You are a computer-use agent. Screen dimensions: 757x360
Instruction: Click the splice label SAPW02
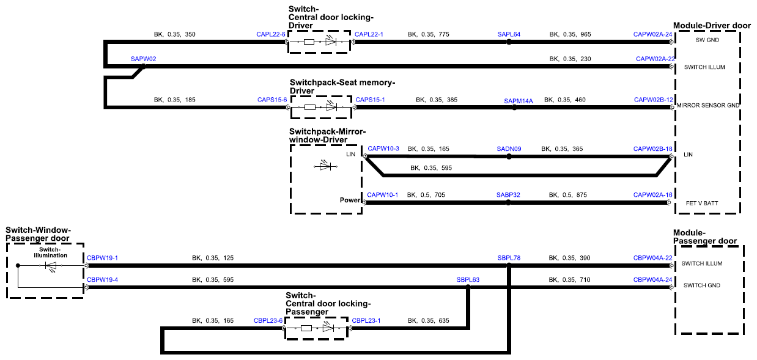click(x=143, y=59)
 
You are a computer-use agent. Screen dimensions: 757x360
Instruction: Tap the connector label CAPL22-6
click(x=271, y=34)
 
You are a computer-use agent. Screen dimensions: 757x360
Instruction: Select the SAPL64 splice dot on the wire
click(x=509, y=42)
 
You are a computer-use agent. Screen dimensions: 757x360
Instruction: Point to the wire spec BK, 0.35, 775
click(x=428, y=34)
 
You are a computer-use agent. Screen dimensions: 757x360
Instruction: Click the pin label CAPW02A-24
click(x=652, y=34)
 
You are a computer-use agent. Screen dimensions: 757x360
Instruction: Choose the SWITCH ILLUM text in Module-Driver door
click(x=704, y=67)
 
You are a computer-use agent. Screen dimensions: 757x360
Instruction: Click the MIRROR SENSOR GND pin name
click(x=707, y=105)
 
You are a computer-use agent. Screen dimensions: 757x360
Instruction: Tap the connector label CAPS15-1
click(x=370, y=100)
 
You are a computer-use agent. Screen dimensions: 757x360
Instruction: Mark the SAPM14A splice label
click(x=518, y=101)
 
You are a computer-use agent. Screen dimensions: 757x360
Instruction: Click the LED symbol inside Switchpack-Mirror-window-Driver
click(x=326, y=166)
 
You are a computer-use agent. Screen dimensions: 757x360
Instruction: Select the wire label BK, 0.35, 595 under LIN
click(x=431, y=168)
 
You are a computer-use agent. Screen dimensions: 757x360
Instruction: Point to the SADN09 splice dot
click(x=509, y=156)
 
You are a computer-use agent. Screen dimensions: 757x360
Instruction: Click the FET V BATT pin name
click(x=701, y=203)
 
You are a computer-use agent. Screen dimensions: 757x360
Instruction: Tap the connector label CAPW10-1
click(x=382, y=195)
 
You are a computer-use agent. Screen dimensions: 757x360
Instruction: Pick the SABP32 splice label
click(x=508, y=195)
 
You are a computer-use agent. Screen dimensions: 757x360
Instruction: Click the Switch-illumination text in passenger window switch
click(x=50, y=252)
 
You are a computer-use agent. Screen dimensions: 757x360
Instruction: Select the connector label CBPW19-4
click(x=102, y=279)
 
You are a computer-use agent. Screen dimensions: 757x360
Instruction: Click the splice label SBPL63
click(x=468, y=279)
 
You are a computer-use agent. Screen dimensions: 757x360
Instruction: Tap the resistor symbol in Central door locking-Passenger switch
click(x=306, y=328)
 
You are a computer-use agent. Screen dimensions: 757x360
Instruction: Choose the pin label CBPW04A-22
click(x=652, y=258)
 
